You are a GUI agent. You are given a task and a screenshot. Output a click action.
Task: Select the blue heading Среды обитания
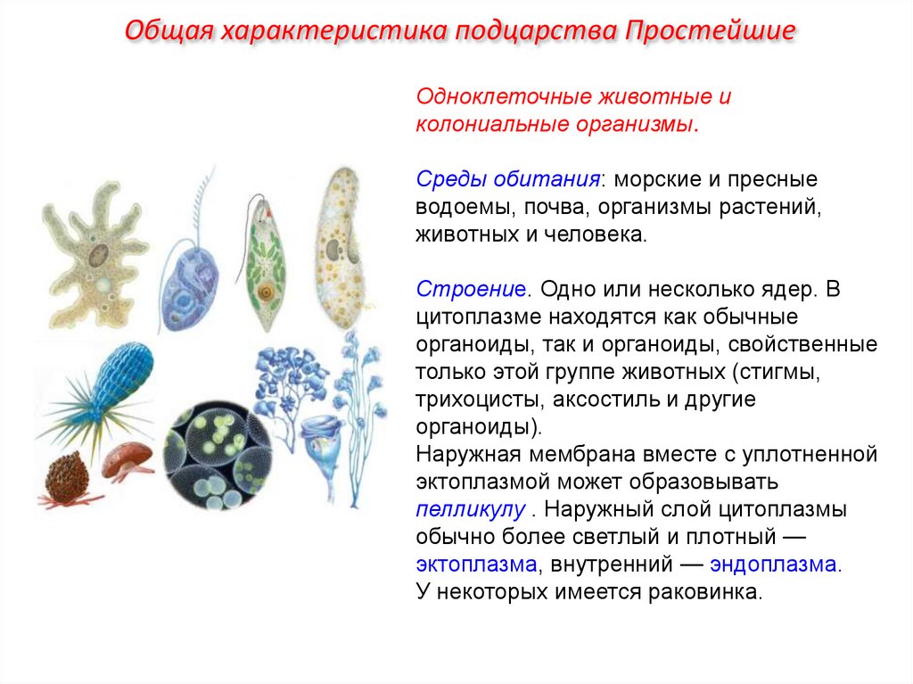(x=507, y=179)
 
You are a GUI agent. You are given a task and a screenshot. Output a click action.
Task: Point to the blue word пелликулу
(x=470, y=511)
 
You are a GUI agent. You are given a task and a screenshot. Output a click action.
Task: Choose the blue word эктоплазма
(x=476, y=565)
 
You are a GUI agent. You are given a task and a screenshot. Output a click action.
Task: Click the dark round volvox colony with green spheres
(x=218, y=456)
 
